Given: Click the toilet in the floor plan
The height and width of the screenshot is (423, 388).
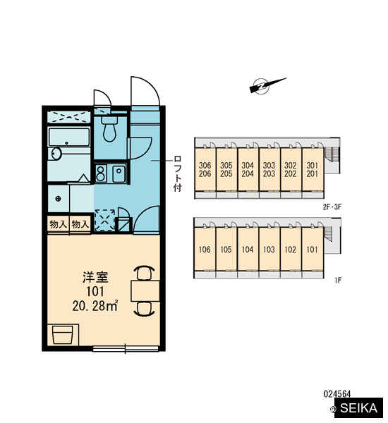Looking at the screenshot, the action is click(109, 129).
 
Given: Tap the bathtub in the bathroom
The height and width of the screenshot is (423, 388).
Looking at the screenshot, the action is click(69, 137).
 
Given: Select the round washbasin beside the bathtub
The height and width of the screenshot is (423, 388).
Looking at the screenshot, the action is click(56, 154).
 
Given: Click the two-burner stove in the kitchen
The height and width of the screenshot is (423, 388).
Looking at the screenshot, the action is click(100, 173).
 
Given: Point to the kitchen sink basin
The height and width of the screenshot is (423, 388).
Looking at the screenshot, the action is click(119, 173).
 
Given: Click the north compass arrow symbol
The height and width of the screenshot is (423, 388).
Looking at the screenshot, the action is click(267, 85).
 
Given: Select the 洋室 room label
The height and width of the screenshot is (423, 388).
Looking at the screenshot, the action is click(95, 278).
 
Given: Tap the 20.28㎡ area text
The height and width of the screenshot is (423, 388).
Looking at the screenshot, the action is click(95, 306).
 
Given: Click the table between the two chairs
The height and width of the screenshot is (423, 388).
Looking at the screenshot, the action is click(145, 290).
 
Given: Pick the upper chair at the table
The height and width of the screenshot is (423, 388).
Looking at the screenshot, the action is click(145, 273).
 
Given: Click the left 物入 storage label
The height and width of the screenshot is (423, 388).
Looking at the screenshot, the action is click(58, 224).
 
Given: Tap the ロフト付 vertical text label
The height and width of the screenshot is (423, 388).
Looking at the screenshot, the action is click(177, 173).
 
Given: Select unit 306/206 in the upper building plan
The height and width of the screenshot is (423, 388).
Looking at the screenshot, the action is click(205, 169).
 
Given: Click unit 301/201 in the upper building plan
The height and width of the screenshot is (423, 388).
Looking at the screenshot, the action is click(312, 169).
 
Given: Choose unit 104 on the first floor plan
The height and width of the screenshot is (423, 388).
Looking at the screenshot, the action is click(248, 250).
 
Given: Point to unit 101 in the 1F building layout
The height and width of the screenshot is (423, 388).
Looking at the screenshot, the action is click(312, 250).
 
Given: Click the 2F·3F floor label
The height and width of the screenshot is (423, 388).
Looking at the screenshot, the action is click(332, 207).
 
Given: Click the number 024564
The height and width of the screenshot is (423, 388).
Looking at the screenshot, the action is click(337, 394).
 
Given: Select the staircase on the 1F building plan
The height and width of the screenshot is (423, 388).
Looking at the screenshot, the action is click(328, 233).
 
